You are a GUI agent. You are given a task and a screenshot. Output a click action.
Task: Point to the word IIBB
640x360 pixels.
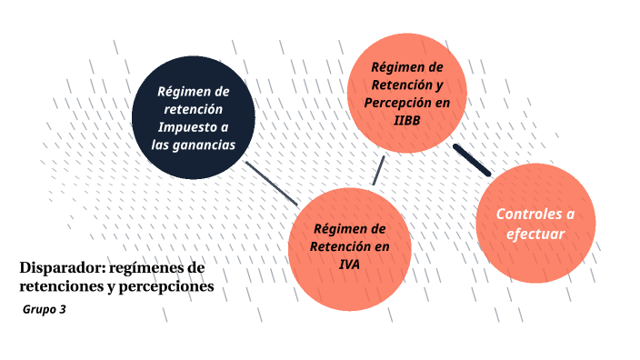(x=407, y=120)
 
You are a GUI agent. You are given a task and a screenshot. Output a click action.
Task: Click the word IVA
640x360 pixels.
(x=350, y=264)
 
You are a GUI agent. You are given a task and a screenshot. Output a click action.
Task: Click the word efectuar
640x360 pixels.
(x=535, y=234)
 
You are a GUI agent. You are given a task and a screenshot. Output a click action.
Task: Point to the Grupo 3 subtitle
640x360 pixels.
(x=45, y=310)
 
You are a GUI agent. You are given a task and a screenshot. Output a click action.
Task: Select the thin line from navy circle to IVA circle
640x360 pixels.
(x=272, y=183)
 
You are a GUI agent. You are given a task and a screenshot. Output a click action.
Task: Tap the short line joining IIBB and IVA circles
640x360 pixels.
(x=378, y=170)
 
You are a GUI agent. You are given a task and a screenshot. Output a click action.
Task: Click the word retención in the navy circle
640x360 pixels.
(x=194, y=109)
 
